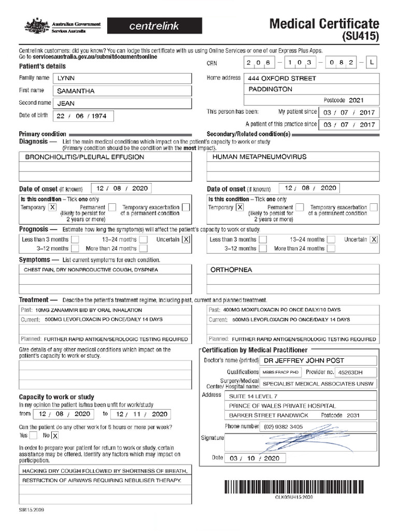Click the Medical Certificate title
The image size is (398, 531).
324,24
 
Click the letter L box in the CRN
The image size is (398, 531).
372,63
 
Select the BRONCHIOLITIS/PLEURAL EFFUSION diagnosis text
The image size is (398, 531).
81,157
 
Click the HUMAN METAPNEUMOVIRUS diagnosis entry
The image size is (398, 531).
259,157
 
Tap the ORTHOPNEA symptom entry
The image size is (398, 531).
231,270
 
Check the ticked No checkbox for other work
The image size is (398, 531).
55,436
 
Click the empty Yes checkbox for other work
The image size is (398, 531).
33,436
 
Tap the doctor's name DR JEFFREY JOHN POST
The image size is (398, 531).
304,360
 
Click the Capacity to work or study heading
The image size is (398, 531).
56,397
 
